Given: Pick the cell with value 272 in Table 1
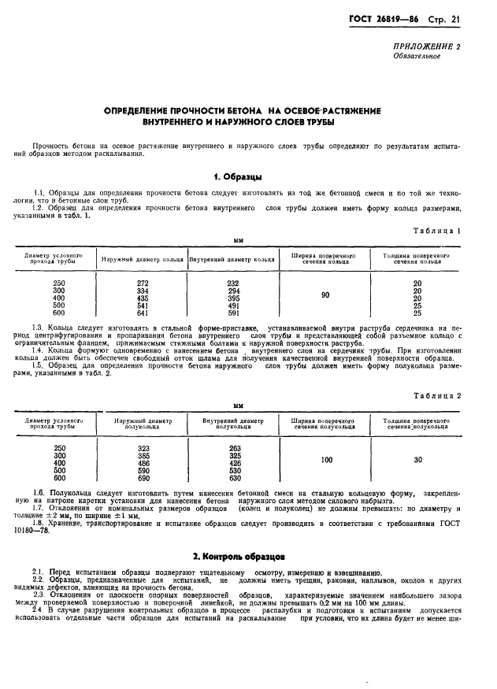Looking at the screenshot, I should (x=143, y=283).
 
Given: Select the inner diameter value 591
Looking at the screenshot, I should (x=232, y=312).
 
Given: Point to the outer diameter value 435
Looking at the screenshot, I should (x=143, y=298).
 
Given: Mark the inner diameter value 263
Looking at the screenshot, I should (x=235, y=448).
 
